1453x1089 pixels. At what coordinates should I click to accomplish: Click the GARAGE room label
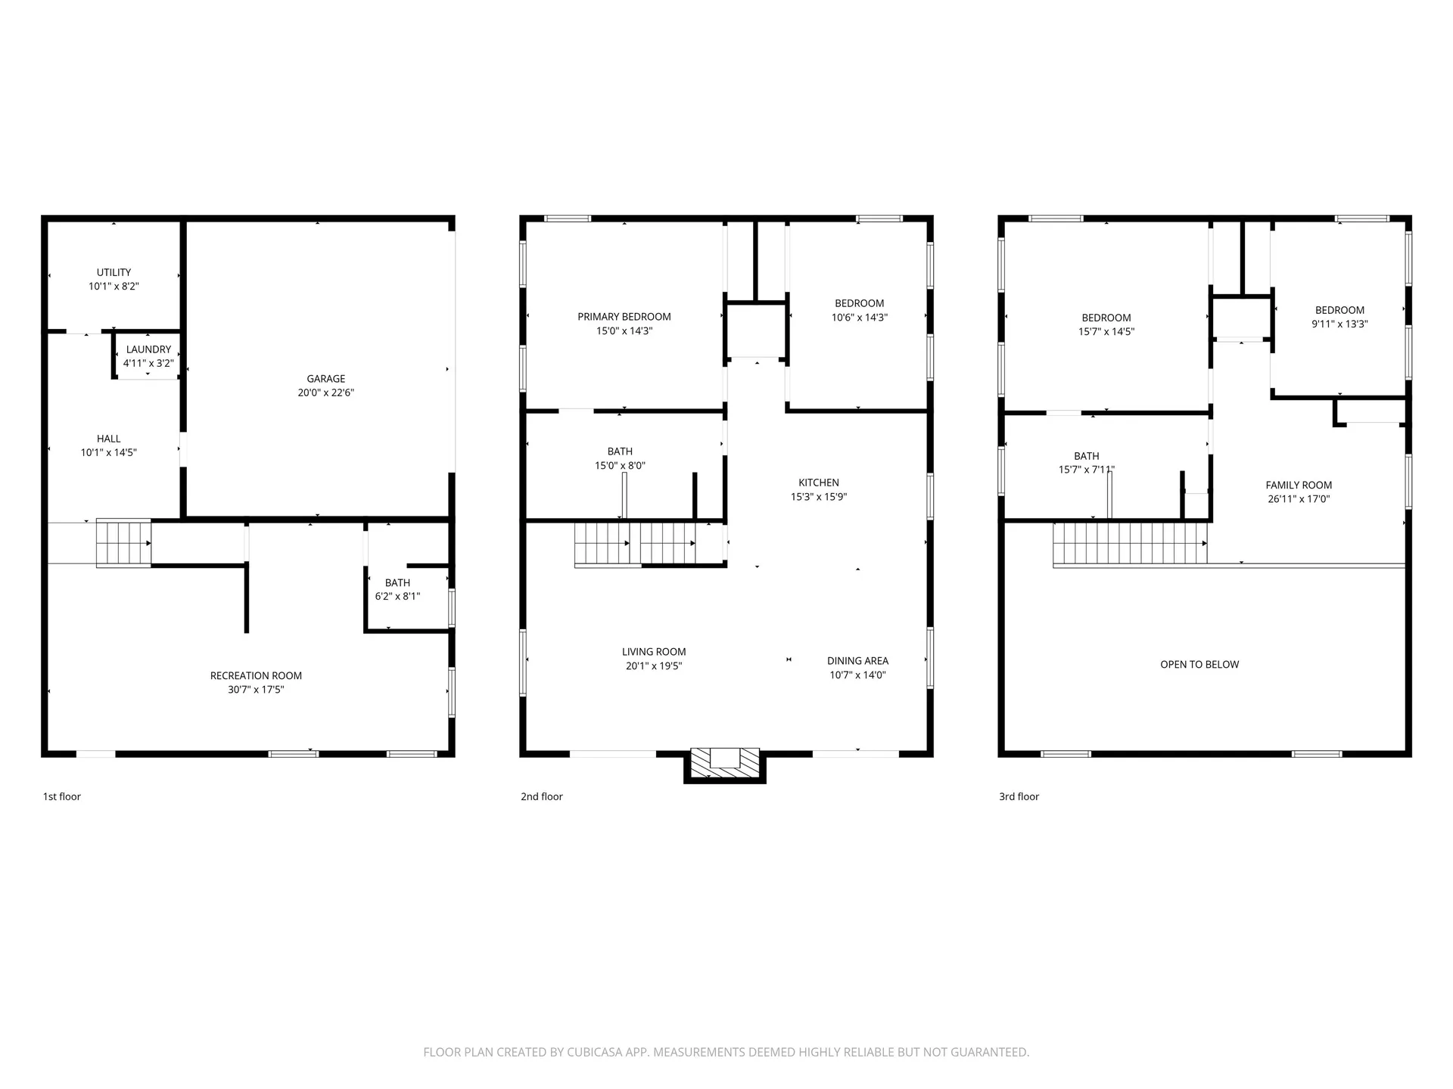(x=325, y=379)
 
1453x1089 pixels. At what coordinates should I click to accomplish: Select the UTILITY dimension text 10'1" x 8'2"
(x=114, y=287)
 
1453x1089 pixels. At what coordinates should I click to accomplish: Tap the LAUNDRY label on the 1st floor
(x=148, y=349)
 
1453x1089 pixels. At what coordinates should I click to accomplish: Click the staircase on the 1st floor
(x=123, y=543)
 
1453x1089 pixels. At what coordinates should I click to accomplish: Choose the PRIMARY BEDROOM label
(x=624, y=317)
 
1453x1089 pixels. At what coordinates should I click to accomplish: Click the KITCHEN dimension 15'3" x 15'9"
(x=818, y=497)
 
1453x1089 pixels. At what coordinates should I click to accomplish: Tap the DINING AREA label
(x=857, y=661)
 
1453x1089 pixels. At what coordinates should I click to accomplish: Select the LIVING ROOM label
(x=654, y=652)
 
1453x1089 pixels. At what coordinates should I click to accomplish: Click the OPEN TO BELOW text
(x=1199, y=665)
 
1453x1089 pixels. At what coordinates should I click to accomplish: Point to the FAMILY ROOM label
(x=1299, y=486)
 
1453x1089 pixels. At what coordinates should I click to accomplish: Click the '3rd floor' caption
(x=1019, y=796)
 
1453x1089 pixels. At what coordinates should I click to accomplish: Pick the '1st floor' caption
(x=61, y=796)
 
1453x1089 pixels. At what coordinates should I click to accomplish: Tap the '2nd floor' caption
(x=541, y=796)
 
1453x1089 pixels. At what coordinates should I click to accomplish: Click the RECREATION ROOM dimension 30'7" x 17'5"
(x=256, y=690)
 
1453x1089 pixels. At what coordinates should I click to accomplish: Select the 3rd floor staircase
(x=1129, y=543)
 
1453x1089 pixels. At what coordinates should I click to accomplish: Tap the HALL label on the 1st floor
(x=108, y=439)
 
